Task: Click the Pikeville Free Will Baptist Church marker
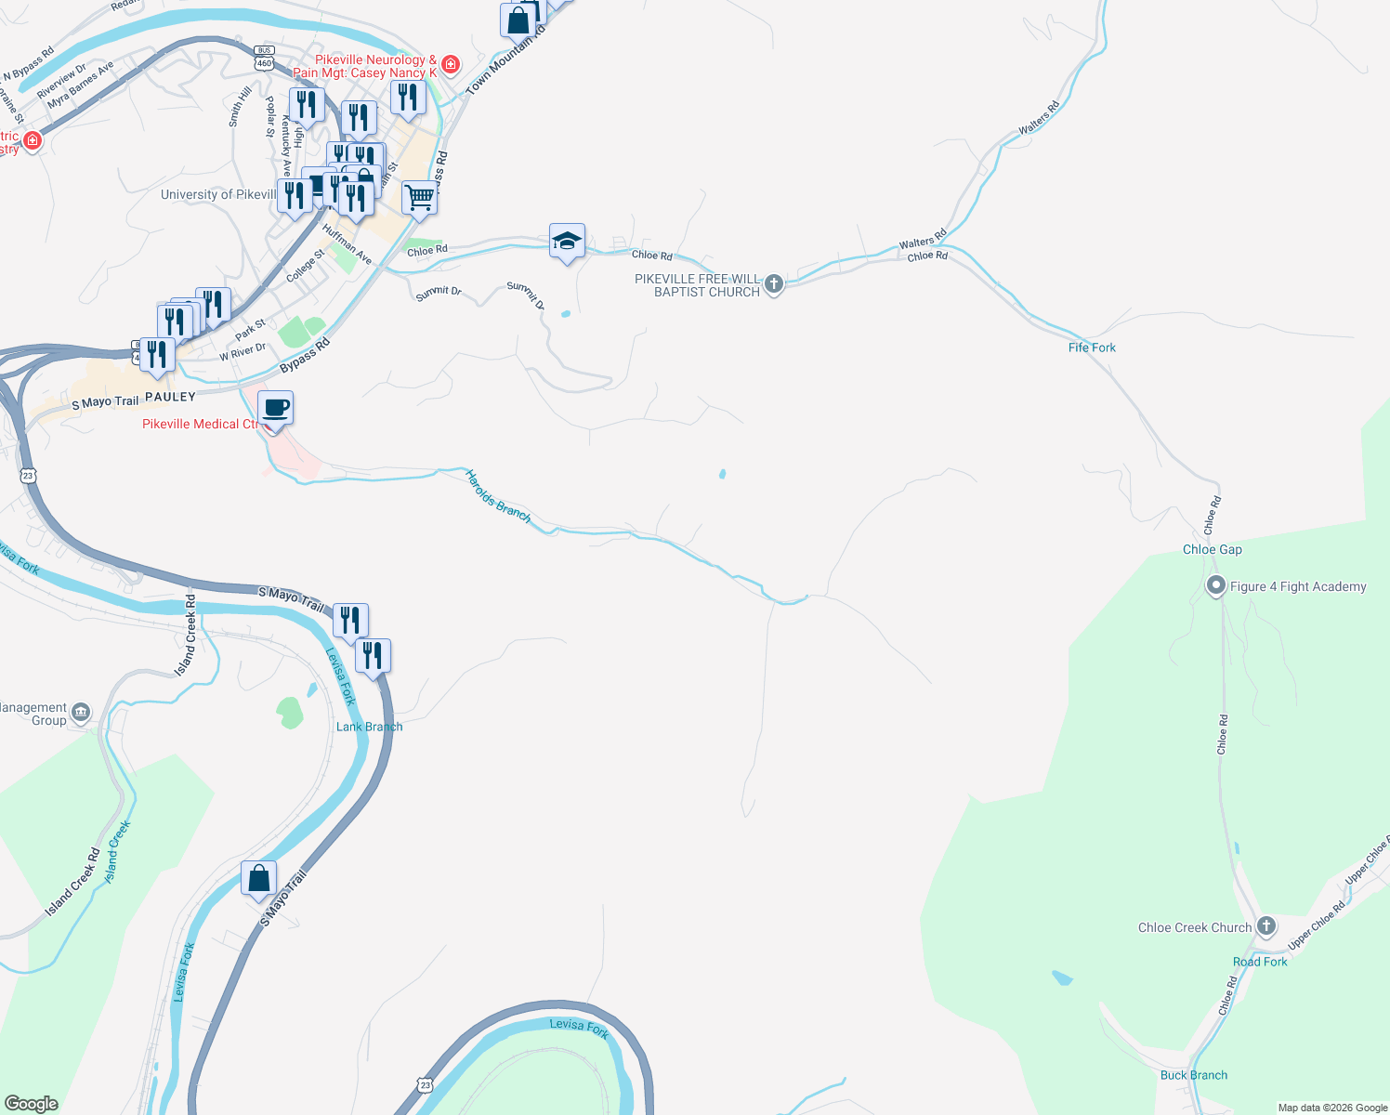(x=774, y=284)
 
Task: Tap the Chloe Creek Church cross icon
(x=1265, y=926)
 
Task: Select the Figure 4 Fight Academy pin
(x=1215, y=586)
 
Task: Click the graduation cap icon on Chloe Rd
(x=567, y=242)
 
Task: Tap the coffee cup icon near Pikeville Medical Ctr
(x=275, y=408)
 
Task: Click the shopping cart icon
(x=419, y=197)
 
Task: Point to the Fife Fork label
(x=1092, y=348)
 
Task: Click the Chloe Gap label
(x=1212, y=549)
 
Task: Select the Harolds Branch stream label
(x=498, y=496)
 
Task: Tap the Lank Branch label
(x=369, y=727)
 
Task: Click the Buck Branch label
(x=1193, y=1075)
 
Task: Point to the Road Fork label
(x=1260, y=962)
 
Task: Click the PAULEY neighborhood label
(x=170, y=397)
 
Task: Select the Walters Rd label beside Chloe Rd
(x=922, y=239)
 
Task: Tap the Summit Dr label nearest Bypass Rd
(x=439, y=293)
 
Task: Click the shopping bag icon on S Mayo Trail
(x=258, y=878)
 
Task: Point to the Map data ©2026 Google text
(x=1332, y=1108)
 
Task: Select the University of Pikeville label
(x=219, y=194)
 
